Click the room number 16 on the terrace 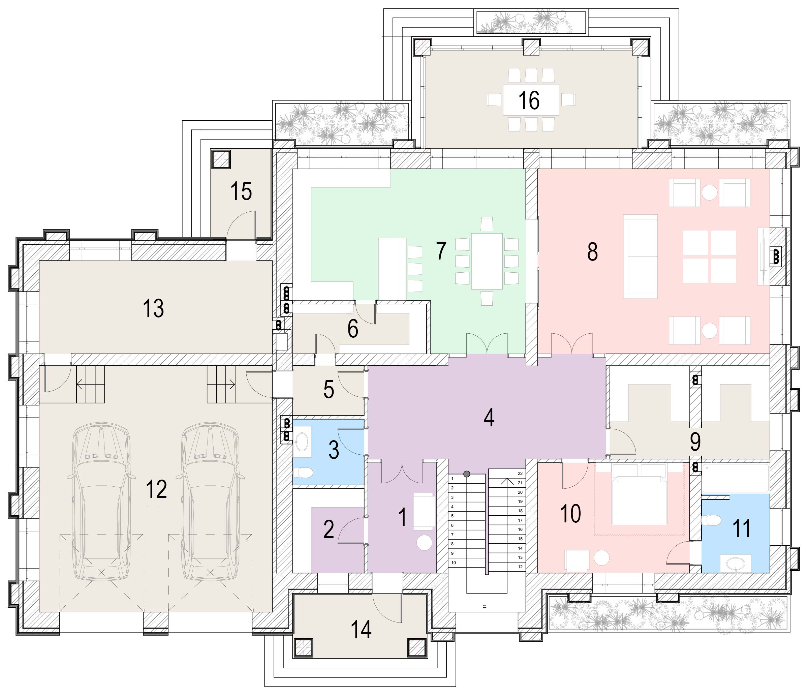coord(529,100)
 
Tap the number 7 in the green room coord(441,251)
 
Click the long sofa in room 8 coord(640,256)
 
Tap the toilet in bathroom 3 coord(303,473)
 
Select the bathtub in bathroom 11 coord(735,479)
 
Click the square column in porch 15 coord(221,159)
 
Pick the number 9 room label coord(695,442)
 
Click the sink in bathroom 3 coord(302,442)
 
